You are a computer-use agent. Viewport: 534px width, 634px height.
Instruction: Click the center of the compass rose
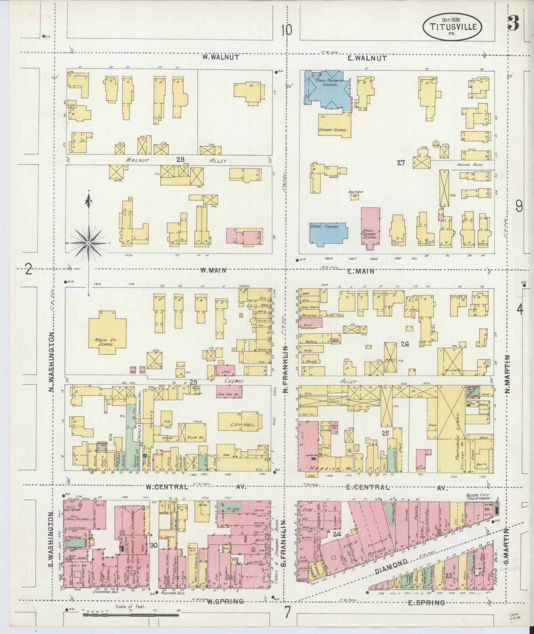click(x=88, y=244)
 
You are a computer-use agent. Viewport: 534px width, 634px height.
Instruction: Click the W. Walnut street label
click(x=220, y=57)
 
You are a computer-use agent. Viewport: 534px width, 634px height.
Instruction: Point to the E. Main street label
click(x=361, y=271)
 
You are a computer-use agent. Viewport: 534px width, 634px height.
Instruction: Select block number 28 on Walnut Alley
click(x=180, y=160)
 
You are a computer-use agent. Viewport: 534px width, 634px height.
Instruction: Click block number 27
click(x=401, y=163)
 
